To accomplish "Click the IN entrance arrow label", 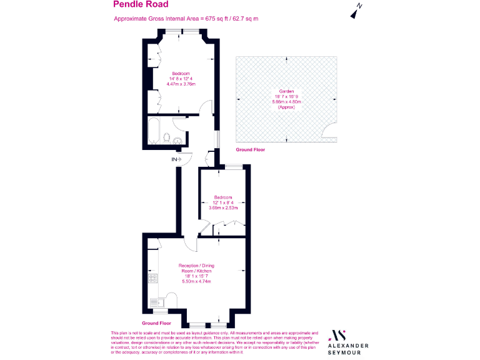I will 176,159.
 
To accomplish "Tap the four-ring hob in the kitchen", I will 152,278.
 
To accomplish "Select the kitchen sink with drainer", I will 156,303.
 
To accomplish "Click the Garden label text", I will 286,92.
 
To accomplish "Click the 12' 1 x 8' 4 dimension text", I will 224,202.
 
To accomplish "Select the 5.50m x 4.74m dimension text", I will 196,282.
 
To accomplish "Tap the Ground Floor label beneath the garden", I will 250,151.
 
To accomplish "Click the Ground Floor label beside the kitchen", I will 156,323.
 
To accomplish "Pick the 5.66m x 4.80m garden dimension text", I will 286,103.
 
